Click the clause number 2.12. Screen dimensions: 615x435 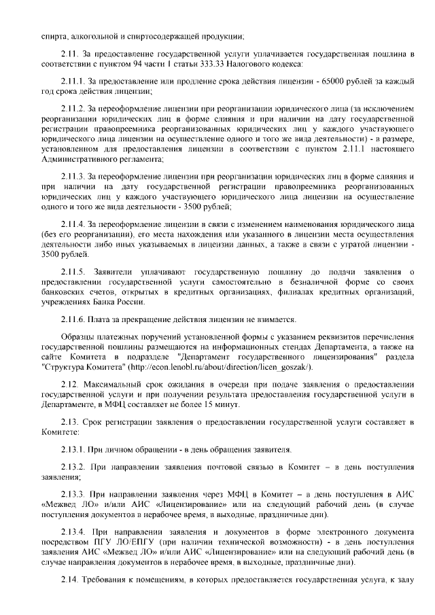pos(71,384)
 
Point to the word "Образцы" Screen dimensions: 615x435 pos(79,338)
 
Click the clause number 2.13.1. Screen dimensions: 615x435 pos(73,449)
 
